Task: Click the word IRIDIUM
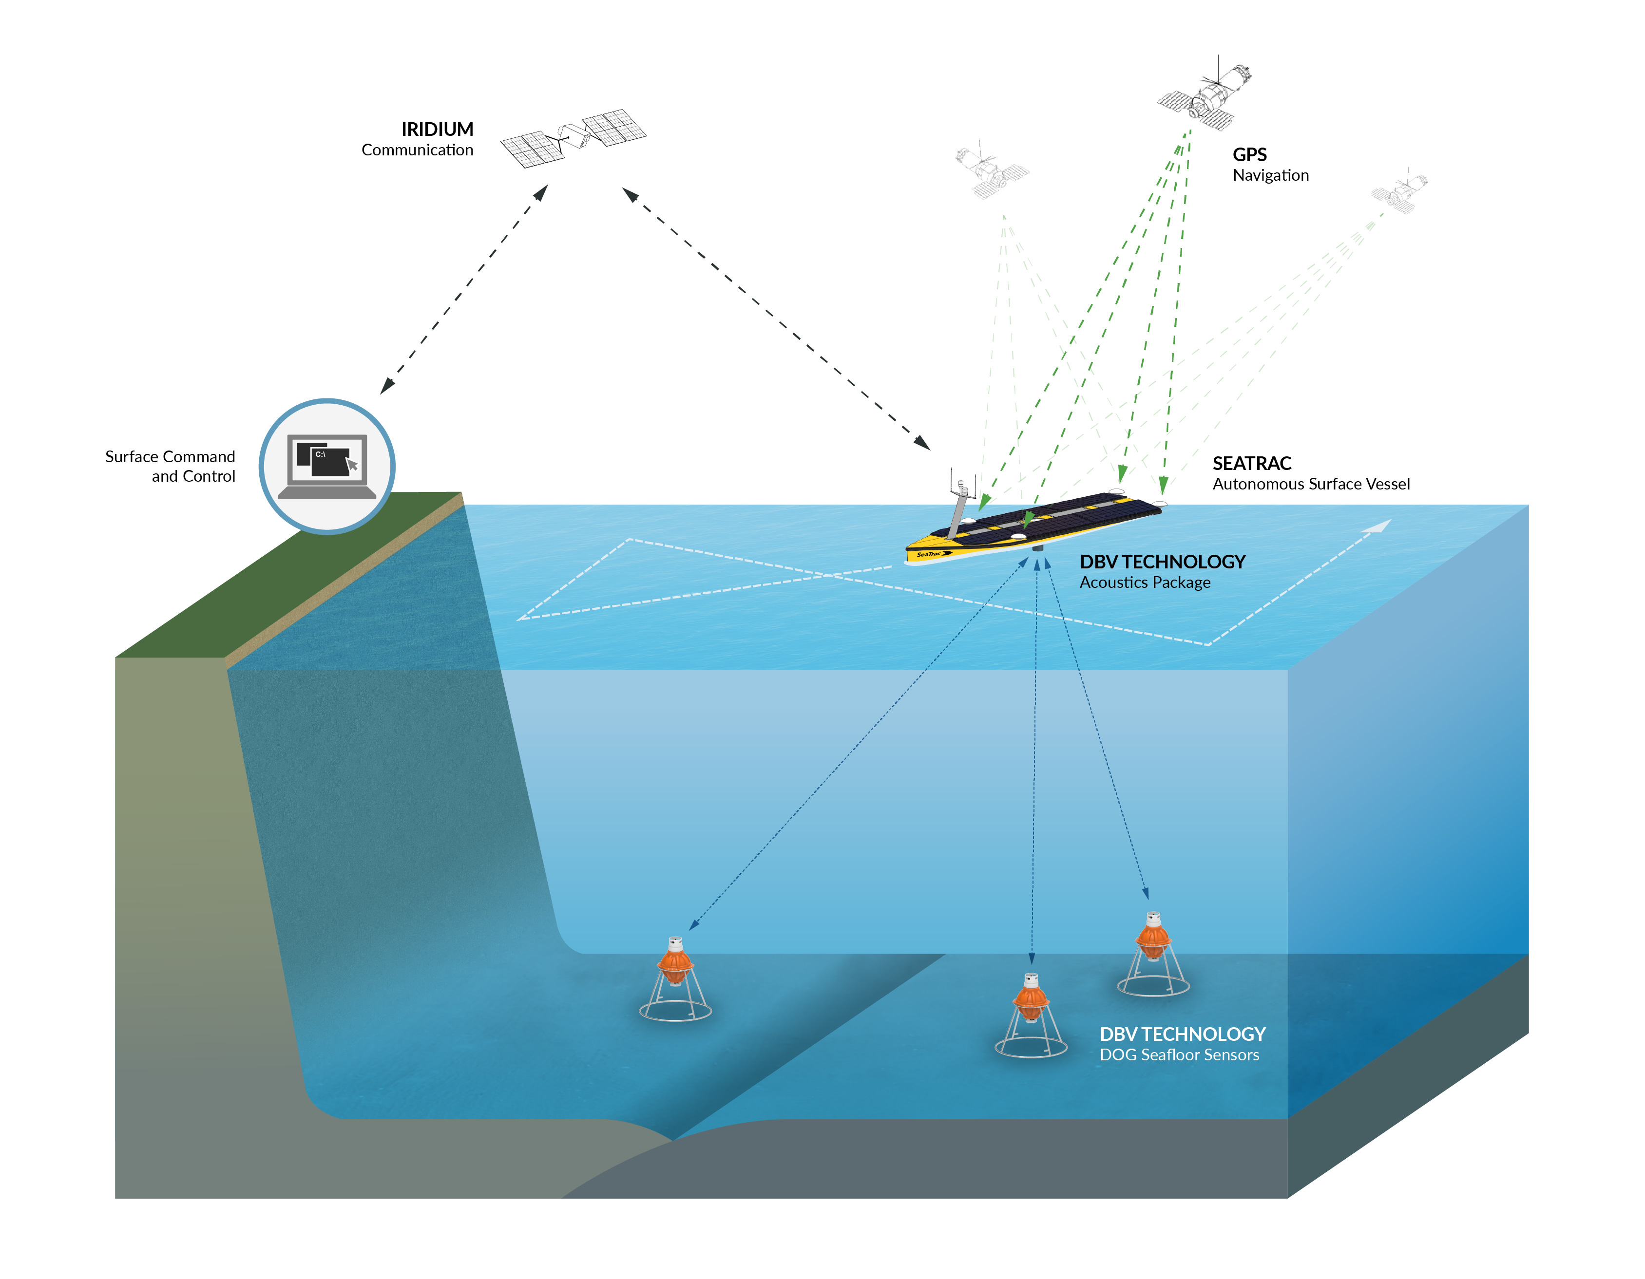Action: tap(437, 130)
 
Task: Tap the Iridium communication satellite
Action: tap(573, 138)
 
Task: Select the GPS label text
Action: tap(1249, 154)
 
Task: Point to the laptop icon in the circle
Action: tap(327, 467)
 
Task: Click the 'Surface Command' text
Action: tap(170, 457)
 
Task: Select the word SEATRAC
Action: tap(1252, 463)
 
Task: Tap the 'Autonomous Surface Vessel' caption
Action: tap(1311, 484)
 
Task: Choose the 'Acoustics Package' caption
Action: tap(1145, 583)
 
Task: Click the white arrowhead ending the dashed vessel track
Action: tap(1380, 526)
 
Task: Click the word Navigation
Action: tap(1271, 175)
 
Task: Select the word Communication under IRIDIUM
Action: tap(417, 150)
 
